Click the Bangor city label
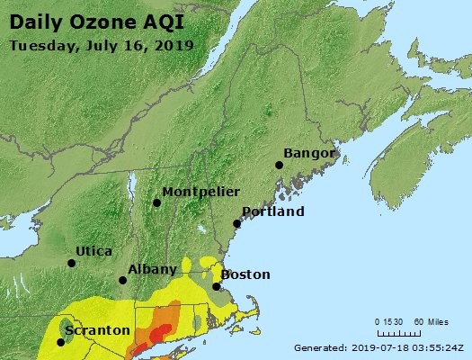309,152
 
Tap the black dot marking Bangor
279,165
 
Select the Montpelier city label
200,191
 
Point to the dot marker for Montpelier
156,202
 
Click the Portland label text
273,211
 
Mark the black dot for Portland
236,223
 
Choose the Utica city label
94,250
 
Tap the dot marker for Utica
72,263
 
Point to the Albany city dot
123,280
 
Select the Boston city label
245,274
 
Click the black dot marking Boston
217,286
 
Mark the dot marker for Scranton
61,341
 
